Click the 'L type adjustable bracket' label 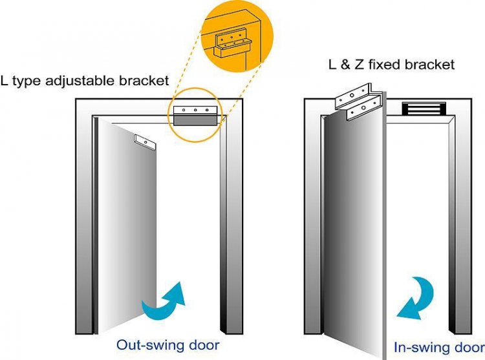tap(85, 81)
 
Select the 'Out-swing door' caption tap(168, 344)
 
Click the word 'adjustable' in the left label tap(88, 81)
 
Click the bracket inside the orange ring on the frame tap(195, 114)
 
